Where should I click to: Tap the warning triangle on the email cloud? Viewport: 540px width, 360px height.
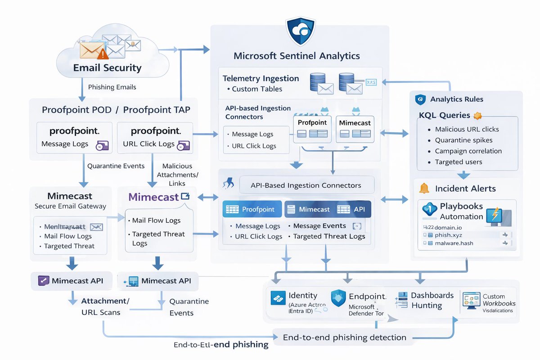103,54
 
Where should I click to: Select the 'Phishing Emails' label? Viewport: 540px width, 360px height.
112,87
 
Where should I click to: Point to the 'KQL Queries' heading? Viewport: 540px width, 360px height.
444,115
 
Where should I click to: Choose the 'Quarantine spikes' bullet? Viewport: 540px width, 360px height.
463,140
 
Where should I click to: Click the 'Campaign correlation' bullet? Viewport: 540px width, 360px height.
468,151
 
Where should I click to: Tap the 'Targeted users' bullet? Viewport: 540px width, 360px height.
458,162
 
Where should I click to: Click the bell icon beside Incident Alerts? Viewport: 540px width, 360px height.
423,188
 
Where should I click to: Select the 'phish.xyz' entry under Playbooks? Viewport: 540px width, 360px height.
448,234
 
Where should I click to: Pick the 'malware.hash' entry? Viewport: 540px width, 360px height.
454,243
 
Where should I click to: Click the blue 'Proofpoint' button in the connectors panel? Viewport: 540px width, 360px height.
252,209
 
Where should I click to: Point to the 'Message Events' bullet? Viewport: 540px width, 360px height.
319,226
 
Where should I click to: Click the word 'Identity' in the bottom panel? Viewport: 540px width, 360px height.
303,296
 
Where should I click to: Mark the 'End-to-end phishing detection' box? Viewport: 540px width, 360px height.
344,337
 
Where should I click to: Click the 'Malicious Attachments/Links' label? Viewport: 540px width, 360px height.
180,175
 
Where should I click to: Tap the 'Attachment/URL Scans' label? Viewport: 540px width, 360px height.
105,306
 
